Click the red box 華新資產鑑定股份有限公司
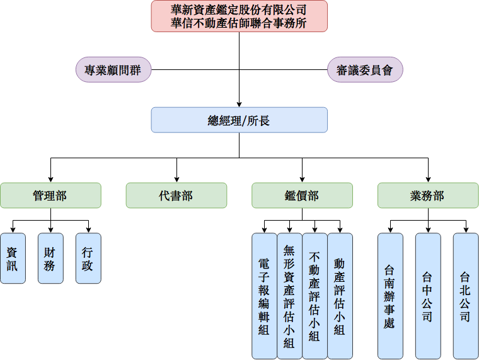239,16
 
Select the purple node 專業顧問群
113,69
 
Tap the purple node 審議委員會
365,69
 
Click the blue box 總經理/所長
239,120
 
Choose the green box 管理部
50,195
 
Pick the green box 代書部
176,195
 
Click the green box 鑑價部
302,195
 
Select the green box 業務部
428,195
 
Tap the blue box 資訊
13,258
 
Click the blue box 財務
50,258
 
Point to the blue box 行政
88,258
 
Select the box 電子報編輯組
264,295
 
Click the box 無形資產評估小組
289,295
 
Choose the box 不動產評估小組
315,295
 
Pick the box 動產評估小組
340,295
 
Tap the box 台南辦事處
390,295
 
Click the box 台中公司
428,295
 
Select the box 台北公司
466,295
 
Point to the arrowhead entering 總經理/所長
239,103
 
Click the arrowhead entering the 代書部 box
176,179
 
